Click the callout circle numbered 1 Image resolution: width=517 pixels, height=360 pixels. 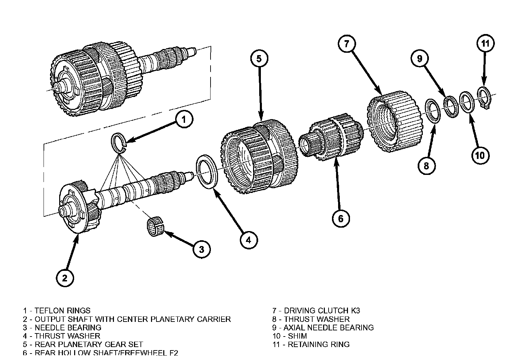[x=184, y=119]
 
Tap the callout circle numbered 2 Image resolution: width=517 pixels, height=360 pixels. [x=65, y=278]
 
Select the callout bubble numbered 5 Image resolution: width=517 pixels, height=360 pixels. [x=259, y=59]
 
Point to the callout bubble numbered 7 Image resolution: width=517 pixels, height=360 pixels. [x=347, y=44]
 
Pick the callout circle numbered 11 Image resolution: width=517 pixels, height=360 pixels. [x=485, y=43]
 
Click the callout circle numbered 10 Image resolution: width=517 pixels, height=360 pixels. [x=480, y=156]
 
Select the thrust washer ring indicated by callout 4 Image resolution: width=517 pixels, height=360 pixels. [x=207, y=171]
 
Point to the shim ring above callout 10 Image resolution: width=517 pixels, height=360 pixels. [x=466, y=101]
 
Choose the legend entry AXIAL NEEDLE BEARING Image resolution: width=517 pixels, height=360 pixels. [x=328, y=327]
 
